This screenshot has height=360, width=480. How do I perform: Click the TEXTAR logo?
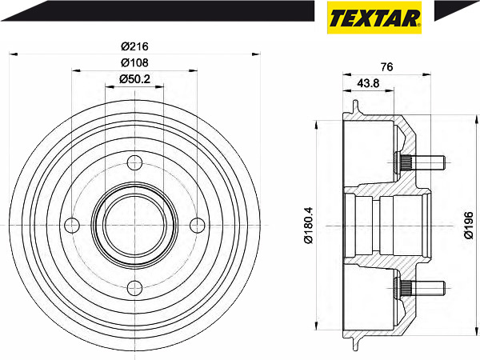[x=374, y=18]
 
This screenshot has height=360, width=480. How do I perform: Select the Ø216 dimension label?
[x=134, y=46]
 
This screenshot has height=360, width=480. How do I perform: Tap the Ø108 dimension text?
[x=134, y=62]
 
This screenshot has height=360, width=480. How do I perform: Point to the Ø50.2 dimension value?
[x=134, y=79]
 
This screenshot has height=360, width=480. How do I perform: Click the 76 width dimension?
[x=386, y=66]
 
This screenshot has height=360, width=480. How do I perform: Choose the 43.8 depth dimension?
[x=368, y=83]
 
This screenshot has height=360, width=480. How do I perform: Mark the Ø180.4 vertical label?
[x=309, y=226]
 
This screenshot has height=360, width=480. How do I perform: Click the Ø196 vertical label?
[x=469, y=226]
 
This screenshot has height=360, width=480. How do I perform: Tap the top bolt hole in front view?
[x=134, y=162]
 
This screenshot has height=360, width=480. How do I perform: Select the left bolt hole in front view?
[x=72, y=226]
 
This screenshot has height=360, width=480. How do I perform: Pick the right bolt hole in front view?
[x=198, y=226]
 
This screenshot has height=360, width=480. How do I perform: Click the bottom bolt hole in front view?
[x=134, y=288]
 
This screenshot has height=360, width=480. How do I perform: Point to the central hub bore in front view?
[x=134, y=226]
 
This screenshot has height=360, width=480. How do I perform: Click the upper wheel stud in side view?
[x=419, y=162]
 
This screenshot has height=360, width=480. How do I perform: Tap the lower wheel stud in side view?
[x=419, y=288]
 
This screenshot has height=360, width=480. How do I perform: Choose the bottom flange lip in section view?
[x=355, y=344]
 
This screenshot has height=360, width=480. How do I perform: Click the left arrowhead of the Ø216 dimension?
[x=14, y=54]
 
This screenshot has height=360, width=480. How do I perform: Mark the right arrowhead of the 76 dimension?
[x=426, y=74]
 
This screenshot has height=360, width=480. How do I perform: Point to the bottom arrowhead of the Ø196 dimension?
[x=477, y=333]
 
